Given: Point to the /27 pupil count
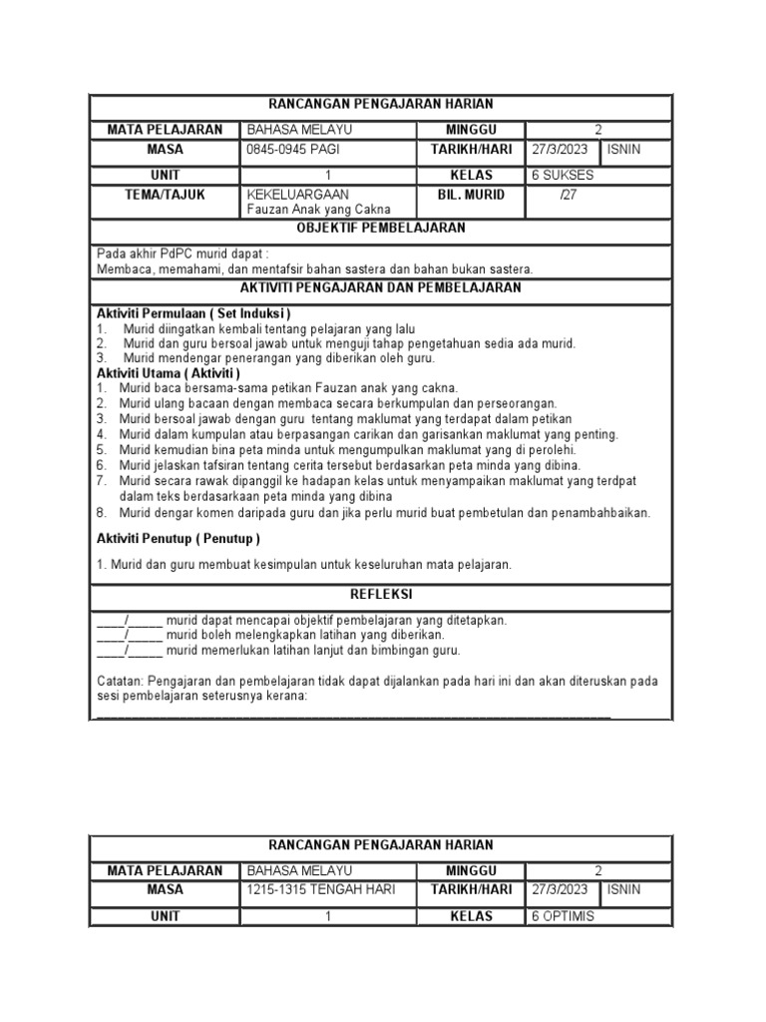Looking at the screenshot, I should click(x=571, y=195).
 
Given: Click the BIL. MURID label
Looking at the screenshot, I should click(x=471, y=195).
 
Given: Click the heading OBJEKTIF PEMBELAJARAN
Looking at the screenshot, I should click(x=383, y=229).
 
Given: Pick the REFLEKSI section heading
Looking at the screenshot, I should click(x=383, y=594).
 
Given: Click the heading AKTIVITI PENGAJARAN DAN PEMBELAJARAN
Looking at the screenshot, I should click(x=383, y=287).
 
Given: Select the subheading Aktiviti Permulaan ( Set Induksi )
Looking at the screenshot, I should click(x=193, y=313).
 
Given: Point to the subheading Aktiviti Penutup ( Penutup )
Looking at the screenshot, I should click(x=178, y=539).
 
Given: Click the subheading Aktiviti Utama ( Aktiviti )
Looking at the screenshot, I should click(x=169, y=372).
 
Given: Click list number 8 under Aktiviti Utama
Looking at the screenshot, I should click(x=102, y=513).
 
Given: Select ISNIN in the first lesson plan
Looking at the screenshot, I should click(x=624, y=150).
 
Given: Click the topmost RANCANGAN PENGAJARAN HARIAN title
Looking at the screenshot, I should click(x=383, y=104).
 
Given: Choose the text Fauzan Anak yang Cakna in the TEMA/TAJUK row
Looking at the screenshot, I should click(x=318, y=210).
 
